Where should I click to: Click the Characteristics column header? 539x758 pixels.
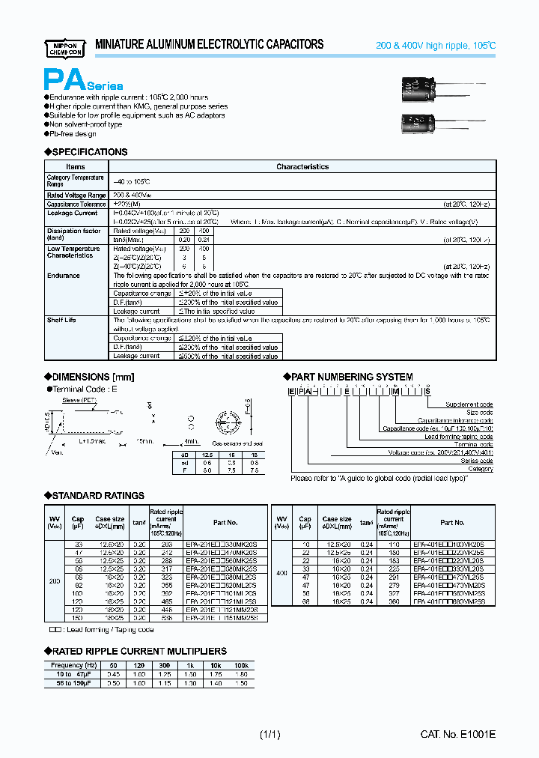coord(302,167)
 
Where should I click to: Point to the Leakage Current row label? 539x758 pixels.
coord(72,213)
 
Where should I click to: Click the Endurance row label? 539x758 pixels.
coord(63,276)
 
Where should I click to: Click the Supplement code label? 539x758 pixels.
coord(469,404)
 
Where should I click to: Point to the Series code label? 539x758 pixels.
coord(477,461)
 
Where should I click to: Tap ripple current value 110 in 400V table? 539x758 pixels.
coord(394,542)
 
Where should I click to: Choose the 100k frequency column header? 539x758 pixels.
coord(241,665)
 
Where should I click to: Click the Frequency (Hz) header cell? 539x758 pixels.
coord(73,665)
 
